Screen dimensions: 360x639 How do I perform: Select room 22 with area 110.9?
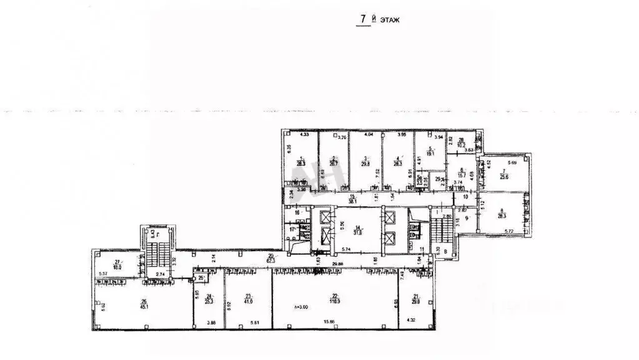(335, 298)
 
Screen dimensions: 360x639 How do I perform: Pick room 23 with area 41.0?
(248, 299)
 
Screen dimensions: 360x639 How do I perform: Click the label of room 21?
(416, 298)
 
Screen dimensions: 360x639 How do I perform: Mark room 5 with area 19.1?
(431, 151)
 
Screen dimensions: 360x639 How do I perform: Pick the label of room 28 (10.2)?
(462, 143)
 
